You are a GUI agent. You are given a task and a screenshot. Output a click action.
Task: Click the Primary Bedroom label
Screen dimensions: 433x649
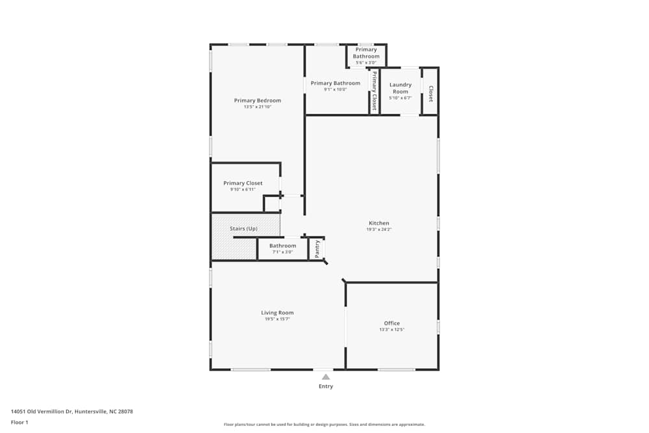pos(258,101)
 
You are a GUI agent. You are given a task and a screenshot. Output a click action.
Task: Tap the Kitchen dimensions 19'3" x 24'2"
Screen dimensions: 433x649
pos(378,229)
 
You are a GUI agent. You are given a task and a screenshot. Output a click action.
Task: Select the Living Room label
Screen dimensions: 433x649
pos(277,313)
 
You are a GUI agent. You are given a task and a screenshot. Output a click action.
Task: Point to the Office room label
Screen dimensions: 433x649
pos(391,323)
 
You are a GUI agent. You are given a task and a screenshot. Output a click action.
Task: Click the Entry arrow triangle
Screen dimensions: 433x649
pos(326,377)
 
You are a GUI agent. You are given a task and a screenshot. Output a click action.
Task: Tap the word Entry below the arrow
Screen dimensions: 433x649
pos(326,387)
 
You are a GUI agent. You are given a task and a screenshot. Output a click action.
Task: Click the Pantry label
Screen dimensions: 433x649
pos(317,249)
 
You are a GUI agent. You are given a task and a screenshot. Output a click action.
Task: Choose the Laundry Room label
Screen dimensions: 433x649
pos(400,88)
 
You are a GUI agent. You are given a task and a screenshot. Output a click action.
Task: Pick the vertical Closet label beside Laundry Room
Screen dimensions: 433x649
pos(430,94)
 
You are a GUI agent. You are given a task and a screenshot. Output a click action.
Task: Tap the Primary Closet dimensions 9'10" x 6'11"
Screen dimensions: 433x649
pos(243,190)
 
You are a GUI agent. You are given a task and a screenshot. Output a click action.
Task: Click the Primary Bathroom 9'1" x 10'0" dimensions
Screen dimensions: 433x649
pos(335,90)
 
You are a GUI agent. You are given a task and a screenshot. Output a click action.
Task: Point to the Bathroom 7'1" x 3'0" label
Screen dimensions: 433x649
pos(282,246)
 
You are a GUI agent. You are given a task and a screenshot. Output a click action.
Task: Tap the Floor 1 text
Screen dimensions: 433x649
pos(19,422)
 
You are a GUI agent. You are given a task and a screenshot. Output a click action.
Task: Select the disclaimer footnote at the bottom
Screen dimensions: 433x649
pos(324,425)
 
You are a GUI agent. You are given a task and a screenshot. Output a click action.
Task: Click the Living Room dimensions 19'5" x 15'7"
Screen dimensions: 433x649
pos(277,319)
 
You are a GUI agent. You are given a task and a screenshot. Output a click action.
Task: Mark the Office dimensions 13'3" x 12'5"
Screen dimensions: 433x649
pos(391,330)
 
